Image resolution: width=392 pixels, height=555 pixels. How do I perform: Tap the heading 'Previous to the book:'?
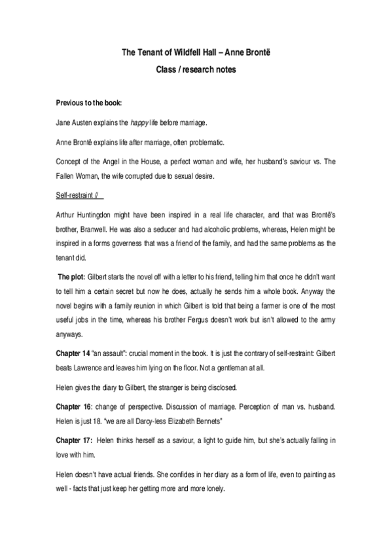click(89, 103)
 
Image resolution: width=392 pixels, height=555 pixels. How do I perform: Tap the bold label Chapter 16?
click(76, 407)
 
